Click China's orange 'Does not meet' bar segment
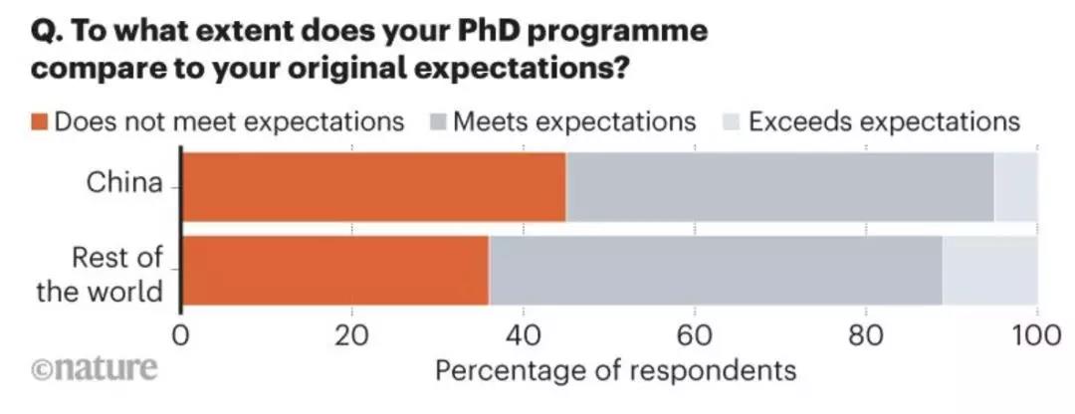[x=373, y=186]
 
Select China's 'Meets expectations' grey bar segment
[x=779, y=186]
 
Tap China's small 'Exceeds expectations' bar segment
[x=1015, y=186]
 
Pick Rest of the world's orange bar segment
[x=335, y=271]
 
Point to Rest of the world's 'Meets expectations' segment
[x=715, y=271]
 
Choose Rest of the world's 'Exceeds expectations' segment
[x=989, y=271]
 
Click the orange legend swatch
[x=40, y=122]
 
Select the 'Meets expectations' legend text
[x=574, y=122]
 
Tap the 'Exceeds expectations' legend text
[x=884, y=122]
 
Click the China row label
[x=124, y=184]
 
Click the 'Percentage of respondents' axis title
[x=616, y=370]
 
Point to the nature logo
[x=96, y=368]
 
